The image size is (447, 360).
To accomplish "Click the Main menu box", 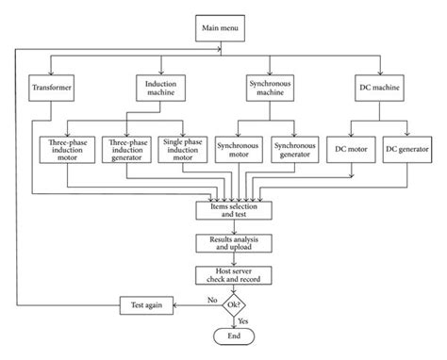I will [223, 29].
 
